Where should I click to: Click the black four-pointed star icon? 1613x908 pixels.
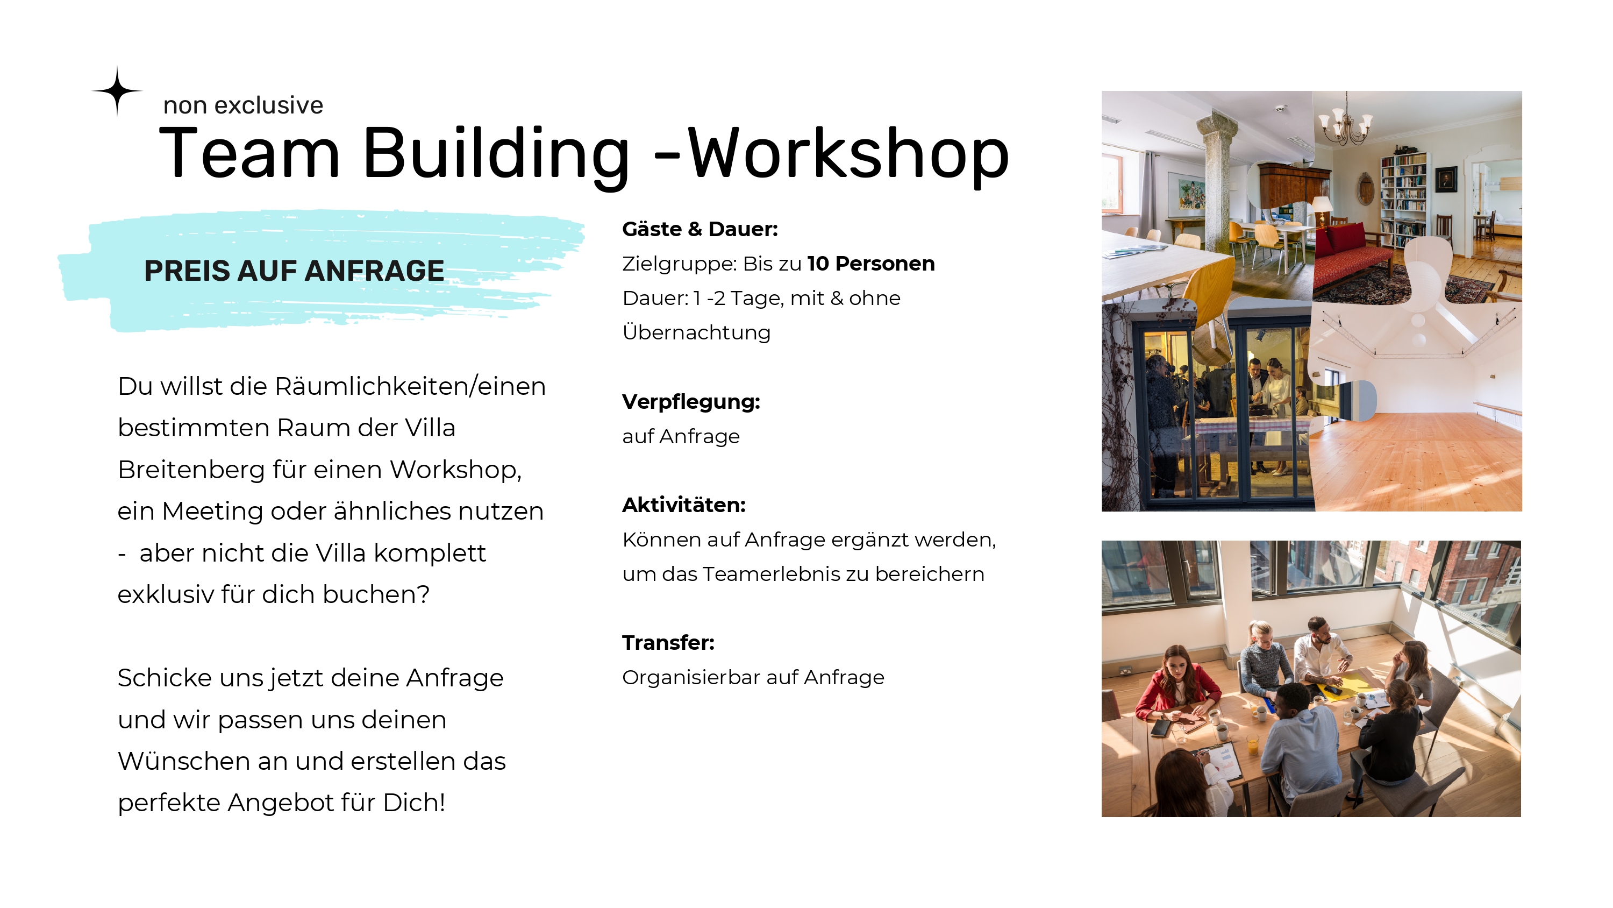[x=117, y=91]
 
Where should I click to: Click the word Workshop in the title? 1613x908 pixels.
[x=848, y=153]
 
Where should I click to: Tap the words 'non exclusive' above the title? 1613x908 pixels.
[x=243, y=105]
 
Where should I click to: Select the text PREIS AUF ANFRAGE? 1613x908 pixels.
[x=294, y=271]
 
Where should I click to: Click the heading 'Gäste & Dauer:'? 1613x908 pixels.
[x=700, y=229]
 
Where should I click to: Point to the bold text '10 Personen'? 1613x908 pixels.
[x=870, y=264]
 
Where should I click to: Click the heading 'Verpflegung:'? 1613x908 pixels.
[x=691, y=402]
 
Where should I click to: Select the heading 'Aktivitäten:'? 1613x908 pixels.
[x=684, y=505]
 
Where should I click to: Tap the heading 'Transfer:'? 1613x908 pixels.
[x=668, y=643]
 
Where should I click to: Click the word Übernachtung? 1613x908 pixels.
[x=696, y=333]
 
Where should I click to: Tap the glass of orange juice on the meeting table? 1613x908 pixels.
[x=1252, y=744]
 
